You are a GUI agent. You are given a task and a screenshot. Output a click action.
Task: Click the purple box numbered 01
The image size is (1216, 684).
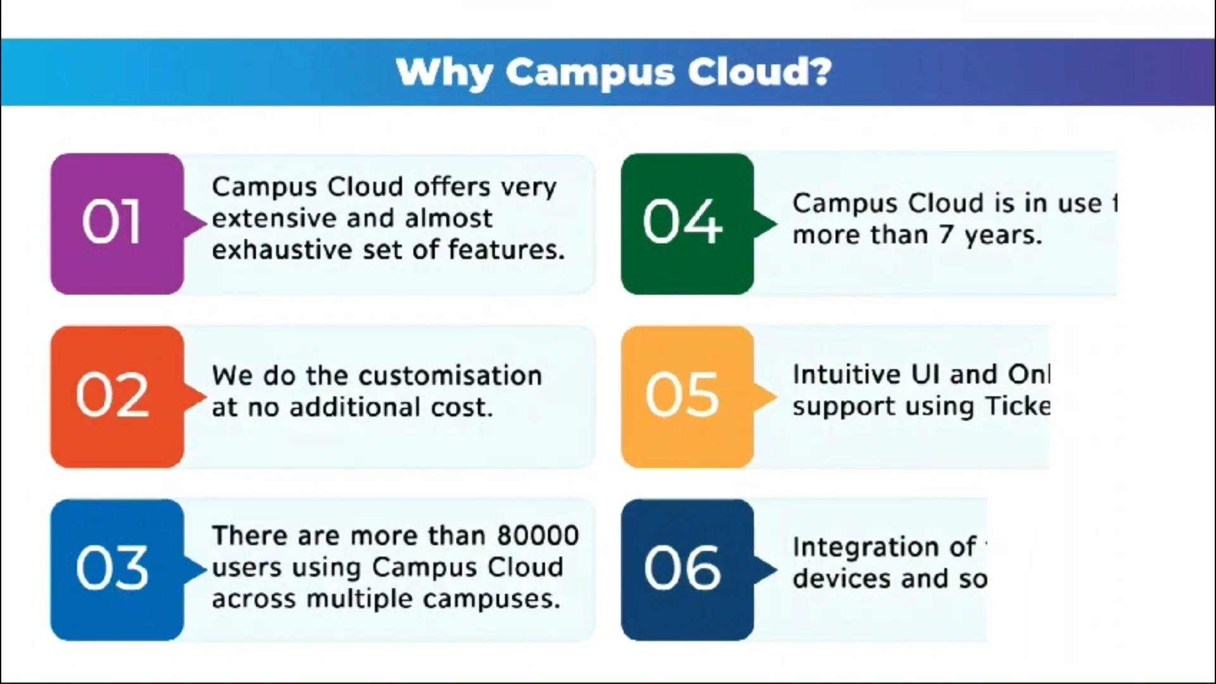(117, 224)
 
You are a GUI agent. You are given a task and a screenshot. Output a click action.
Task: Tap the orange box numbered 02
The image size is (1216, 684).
(117, 397)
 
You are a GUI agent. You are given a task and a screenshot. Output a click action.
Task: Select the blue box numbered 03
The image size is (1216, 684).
(117, 569)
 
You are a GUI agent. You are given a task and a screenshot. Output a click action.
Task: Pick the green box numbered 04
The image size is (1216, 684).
(687, 224)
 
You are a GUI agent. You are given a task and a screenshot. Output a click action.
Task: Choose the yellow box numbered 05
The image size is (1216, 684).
(687, 397)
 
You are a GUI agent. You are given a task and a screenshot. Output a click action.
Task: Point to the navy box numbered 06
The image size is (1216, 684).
(687, 569)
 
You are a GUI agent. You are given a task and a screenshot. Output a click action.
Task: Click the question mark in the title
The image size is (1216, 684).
(821, 72)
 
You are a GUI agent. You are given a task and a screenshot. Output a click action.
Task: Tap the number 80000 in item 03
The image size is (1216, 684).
(538, 536)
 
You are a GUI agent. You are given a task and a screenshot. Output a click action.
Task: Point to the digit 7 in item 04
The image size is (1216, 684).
(946, 236)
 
